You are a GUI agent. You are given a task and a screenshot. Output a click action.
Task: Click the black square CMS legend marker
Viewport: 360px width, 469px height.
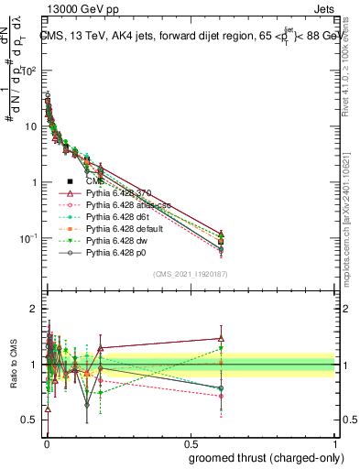click(x=70, y=181)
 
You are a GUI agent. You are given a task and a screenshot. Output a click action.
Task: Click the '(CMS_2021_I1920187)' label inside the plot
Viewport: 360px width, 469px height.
click(x=190, y=274)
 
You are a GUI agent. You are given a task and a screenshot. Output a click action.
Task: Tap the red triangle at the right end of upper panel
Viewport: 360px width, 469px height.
click(x=221, y=233)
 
